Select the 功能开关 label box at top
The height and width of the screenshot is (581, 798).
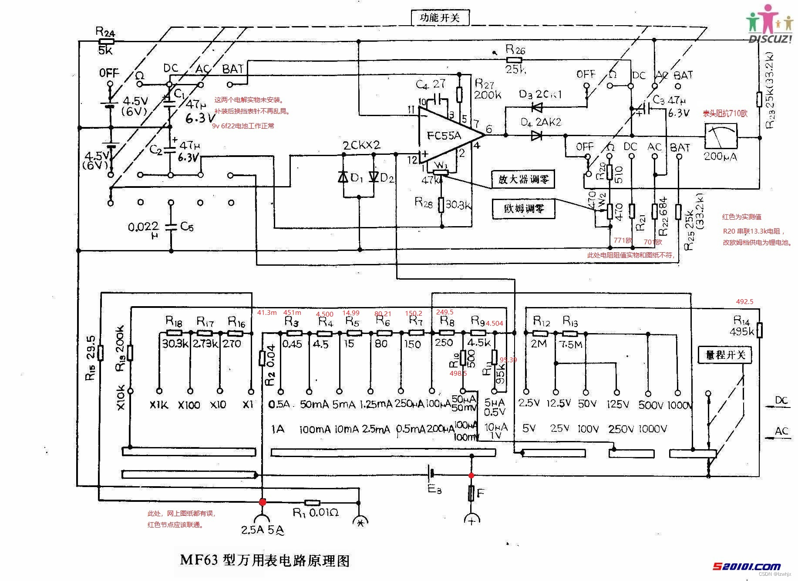tap(440, 17)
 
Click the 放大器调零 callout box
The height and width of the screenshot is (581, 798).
tap(523, 179)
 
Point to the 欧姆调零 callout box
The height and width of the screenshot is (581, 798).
tap(523, 208)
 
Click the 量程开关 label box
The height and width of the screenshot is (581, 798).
tap(725, 355)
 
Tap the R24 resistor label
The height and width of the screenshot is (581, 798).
tap(105, 32)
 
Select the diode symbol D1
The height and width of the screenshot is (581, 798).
tap(343, 177)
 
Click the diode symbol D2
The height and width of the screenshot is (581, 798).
tap(374, 177)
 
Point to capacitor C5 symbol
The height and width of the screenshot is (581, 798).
tap(171, 227)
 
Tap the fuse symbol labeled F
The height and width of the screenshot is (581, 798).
tap(471, 493)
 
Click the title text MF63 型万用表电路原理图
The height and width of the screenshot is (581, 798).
tap(265, 560)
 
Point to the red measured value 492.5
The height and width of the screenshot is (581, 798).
tap(744, 301)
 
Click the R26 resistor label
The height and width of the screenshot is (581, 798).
tap(515, 50)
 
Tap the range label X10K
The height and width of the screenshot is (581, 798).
tap(121, 397)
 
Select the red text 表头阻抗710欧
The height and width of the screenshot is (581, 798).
tap(725, 114)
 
